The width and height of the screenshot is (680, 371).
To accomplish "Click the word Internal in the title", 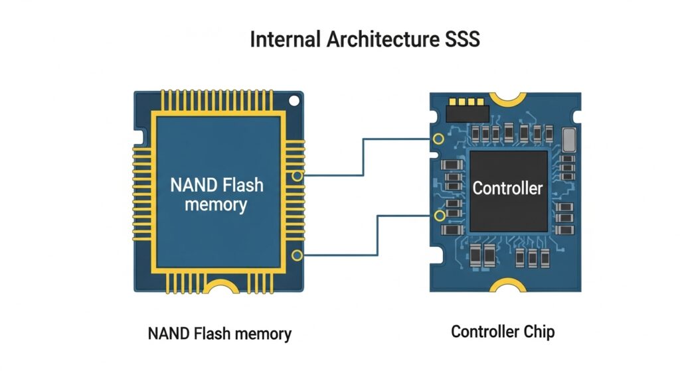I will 285,40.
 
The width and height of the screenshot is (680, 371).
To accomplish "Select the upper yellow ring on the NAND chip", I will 297,176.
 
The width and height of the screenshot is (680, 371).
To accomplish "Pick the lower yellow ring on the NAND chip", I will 297,256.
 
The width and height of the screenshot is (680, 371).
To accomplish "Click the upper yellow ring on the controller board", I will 438,139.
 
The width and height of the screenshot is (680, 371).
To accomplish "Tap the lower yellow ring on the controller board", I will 438,216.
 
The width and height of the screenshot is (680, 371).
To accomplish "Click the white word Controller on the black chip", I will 507,188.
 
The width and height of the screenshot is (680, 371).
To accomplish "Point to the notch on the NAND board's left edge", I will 138,137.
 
